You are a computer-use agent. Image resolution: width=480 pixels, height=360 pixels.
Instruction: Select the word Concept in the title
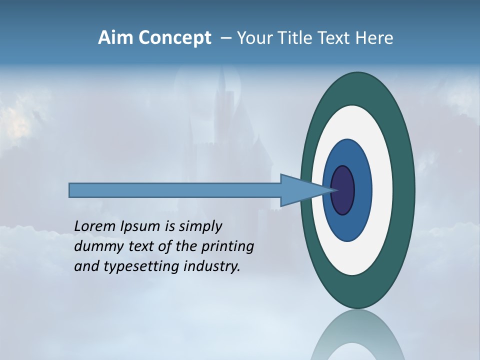coord(175,38)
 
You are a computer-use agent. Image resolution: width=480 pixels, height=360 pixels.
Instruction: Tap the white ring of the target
coord(382,190)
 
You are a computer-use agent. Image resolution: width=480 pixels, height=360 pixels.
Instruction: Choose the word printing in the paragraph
coord(227,247)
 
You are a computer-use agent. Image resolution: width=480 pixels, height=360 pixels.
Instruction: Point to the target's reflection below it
coord(357,335)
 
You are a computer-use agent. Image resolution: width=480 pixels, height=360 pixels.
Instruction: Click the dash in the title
coord(225,38)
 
